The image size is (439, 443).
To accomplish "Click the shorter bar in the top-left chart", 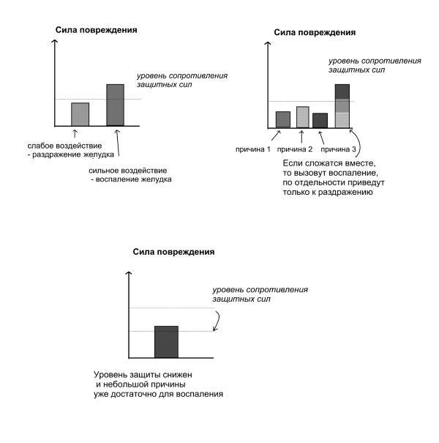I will pyautogui.click(x=80, y=114).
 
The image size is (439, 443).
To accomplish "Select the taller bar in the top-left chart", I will pyautogui.click(x=115, y=105).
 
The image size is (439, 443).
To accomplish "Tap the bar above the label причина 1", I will pyautogui.click(x=282, y=119).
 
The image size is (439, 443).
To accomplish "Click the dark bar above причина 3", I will pyautogui.click(x=320, y=121).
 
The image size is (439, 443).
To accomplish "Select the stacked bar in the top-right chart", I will pyautogui.click(x=342, y=107).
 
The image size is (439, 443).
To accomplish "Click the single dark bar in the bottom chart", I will pyautogui.click(x=166, y=341).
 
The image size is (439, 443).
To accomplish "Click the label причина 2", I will pyautogui.click(x=295, y=149).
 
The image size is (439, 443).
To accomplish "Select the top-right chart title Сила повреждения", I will pyautogui.click(x=315, y=32).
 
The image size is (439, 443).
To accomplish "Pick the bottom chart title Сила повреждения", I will pyautogui.click(x=173, y=251).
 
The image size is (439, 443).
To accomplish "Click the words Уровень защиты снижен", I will pyautogui.click(x=142, y=373).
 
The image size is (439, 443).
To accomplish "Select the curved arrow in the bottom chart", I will pyautogui.click(x=217, y=319).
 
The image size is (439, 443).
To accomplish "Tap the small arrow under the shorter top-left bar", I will pyautogui.click(x=75, y=133).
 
